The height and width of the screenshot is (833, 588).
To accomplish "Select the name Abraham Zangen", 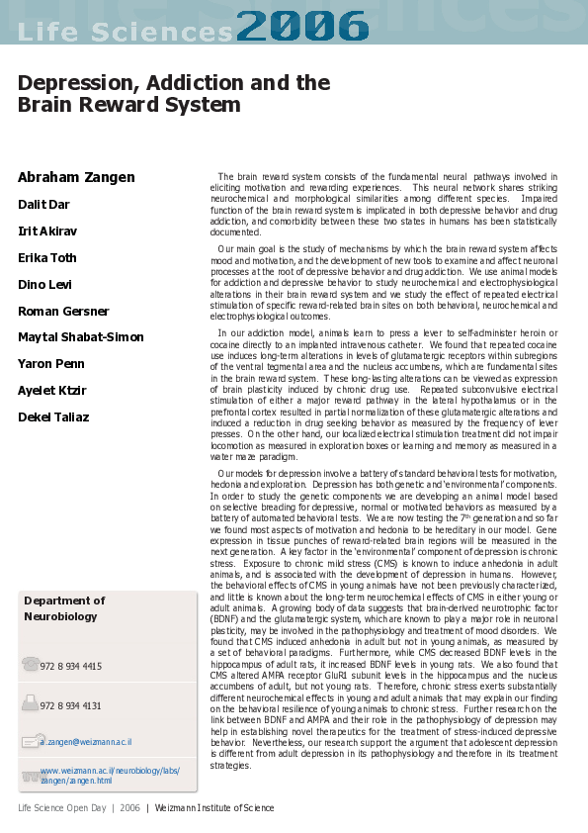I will pos(76,178).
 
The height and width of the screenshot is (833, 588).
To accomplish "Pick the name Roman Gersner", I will pos(64,312).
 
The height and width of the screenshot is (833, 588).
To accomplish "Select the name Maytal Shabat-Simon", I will pos(81,338).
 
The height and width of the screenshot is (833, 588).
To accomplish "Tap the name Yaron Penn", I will pos(51,364).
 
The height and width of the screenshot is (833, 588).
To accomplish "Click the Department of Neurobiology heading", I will pos(63,608).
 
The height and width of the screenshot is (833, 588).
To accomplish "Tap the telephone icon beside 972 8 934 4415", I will pos(30,665).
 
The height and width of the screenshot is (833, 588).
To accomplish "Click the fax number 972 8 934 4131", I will pos(71,706).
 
